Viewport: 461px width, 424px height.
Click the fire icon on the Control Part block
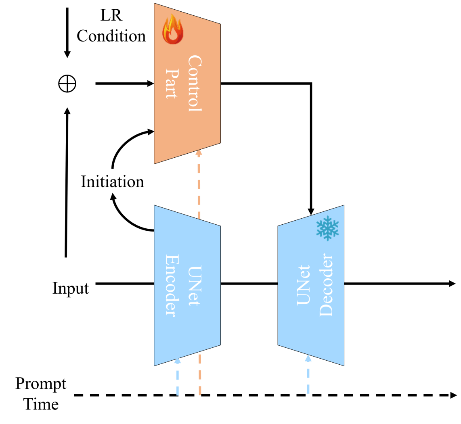pos(172,29)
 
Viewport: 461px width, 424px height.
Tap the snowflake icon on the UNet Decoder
pos(327,228)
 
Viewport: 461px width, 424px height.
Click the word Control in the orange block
pos(194,84)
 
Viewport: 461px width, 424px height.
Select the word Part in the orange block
pos(172,84)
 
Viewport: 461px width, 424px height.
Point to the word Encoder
pos(172,285)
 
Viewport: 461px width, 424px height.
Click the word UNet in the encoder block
pos(194,286)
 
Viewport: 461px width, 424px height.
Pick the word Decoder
pos(326,285)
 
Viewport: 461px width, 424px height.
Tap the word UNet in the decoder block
pos(304,285)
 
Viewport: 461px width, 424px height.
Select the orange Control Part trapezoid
pos(187,121)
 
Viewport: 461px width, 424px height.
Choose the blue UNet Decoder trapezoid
pos(311,331)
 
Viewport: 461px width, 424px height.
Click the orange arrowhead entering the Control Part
pos(198,153)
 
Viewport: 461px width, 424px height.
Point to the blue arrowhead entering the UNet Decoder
pos(308,358)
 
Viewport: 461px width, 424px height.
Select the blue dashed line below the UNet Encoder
pos(177,381)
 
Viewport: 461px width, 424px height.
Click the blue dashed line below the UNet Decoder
pos(308,379)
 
